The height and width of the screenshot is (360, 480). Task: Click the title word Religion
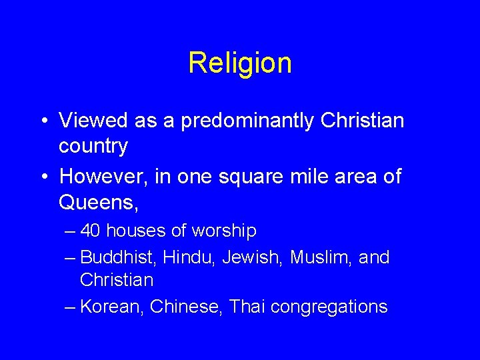[x=240, y=63]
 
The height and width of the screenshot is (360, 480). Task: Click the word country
[x=93, y=147]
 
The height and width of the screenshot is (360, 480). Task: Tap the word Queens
[x=97, y=201]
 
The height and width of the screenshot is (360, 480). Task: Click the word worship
[x=223, y=232]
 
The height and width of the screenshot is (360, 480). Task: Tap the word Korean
[x=111, y=307]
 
